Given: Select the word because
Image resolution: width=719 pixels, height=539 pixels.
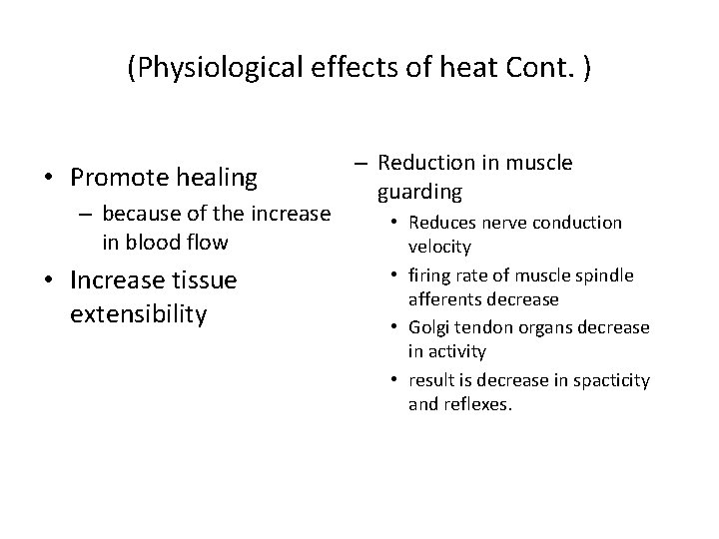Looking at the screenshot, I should [141, 213].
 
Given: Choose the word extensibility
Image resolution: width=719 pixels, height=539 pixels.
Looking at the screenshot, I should [139, 315].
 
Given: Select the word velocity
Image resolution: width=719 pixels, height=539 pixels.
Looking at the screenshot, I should [439, 246].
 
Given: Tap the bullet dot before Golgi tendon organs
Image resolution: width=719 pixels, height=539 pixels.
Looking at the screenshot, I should [397, 327].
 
